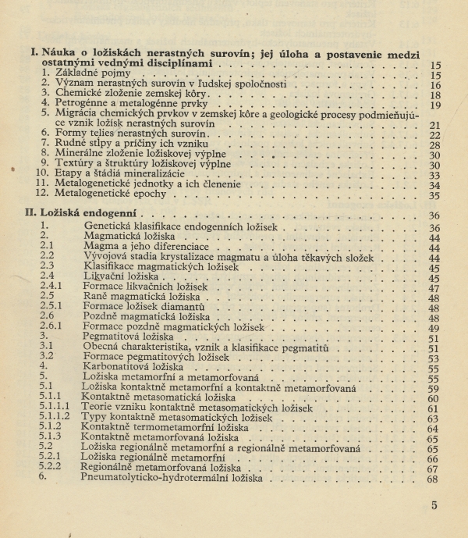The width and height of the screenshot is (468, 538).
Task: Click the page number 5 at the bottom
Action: pyautogui.click(x=434, y=505)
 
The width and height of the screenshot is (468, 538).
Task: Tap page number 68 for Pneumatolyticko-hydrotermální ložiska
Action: pyautogui.click(x=434, y=478)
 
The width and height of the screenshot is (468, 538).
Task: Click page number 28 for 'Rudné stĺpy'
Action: pyautogui.click(x=435, y=145)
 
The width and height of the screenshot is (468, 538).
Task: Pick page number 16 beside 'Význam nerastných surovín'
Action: pyautogui.click(x=435, y=85)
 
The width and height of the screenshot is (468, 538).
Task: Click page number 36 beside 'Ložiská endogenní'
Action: pyautogui.click(x=434, y=215)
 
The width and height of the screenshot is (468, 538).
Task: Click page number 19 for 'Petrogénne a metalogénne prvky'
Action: pyautogui.click(x=435, y=105)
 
